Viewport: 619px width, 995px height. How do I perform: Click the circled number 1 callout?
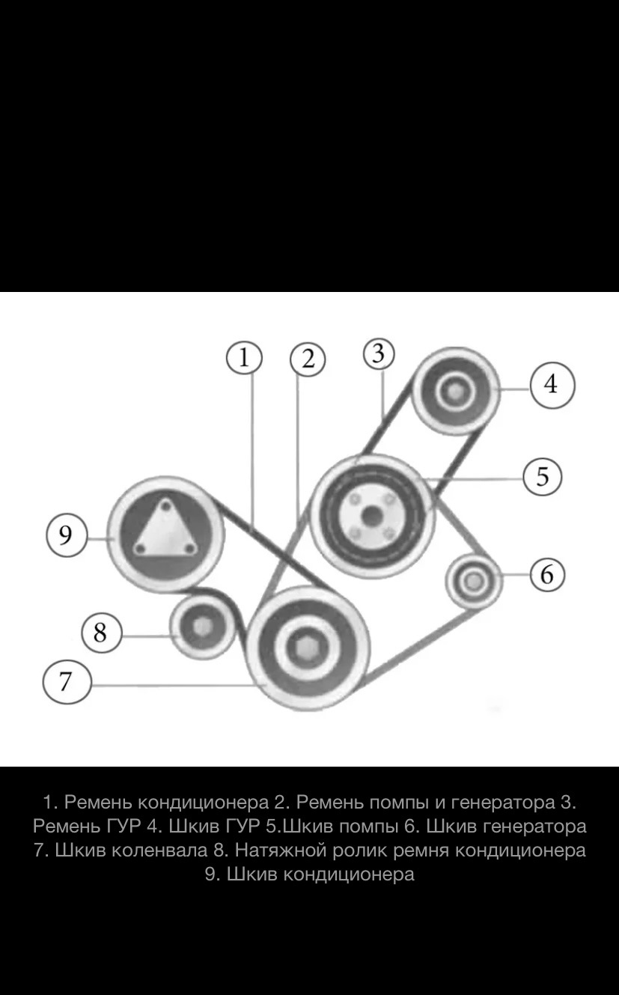point(244,358)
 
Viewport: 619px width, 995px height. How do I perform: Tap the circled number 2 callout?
point(308,359)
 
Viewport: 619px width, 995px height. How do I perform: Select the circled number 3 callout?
point(379,354)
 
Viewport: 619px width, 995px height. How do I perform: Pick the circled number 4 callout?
point(552,384)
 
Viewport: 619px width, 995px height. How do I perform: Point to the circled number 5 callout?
point(543,477)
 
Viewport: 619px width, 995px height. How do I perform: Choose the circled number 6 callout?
point(547,574)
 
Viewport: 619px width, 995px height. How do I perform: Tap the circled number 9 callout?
point(66,536)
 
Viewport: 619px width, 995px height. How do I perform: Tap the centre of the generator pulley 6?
point(473,580)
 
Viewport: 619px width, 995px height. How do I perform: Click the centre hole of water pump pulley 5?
point(371,516)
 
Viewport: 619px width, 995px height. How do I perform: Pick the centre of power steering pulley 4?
point(453,392)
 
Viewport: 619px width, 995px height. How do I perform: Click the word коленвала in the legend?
point(159,851)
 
